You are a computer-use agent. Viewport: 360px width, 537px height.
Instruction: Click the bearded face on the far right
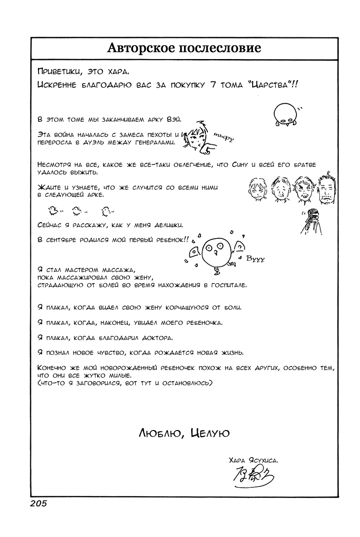328,188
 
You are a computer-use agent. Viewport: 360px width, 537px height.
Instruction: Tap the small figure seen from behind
312,222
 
